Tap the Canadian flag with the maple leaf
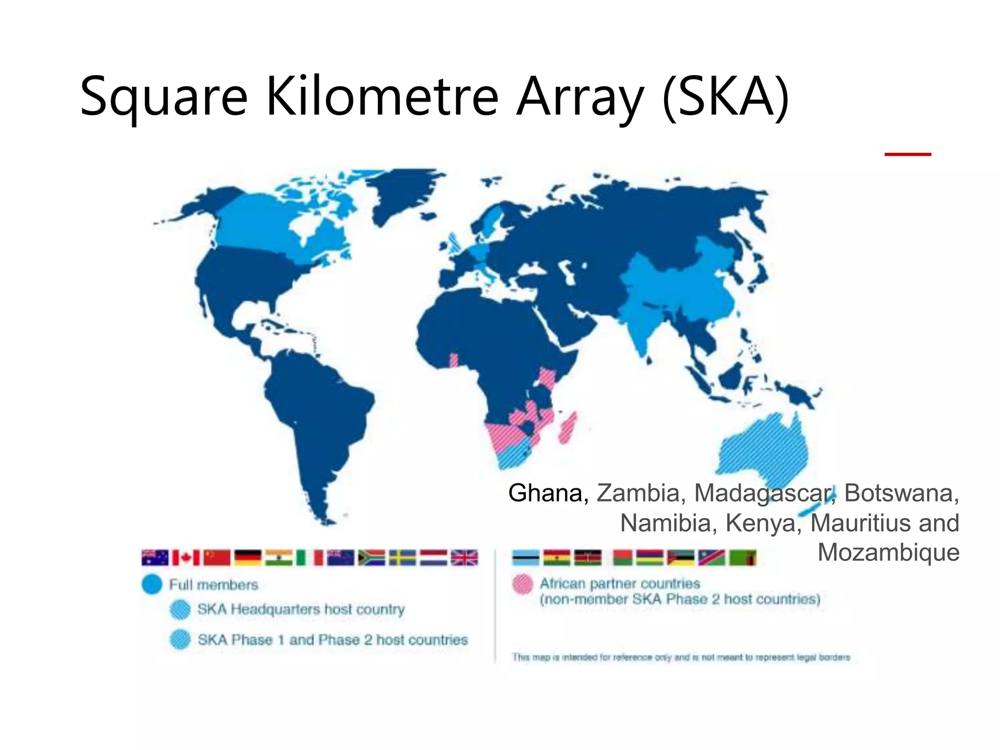coord(186,558)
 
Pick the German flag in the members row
coord(248,558)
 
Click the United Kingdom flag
coord(464,558)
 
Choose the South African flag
coord(371,558)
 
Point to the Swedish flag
coord(402,558)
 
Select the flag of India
coord(279,558)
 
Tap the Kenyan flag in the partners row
coord(587,558)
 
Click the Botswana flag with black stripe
coord(525,558)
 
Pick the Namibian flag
coord(711,558)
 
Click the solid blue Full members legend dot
coord(152,584)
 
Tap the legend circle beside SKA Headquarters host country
coord(180,609)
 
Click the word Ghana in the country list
coord(548,493)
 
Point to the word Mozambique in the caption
coord(888,553)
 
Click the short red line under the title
coord(908,154)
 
